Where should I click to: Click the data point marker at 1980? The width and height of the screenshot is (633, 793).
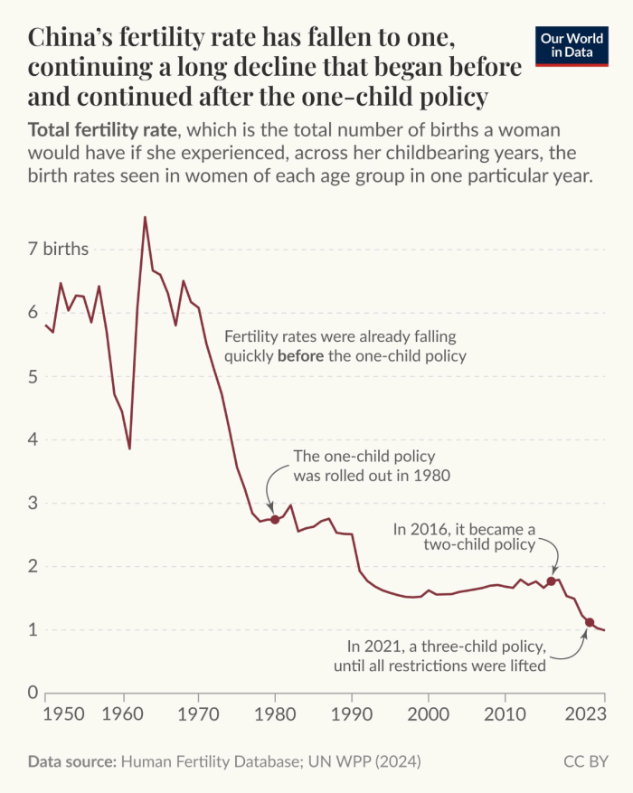pyautogui.click(x=275, y=519)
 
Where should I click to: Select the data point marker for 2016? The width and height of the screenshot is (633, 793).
pyautogui.click(x=551, y=581)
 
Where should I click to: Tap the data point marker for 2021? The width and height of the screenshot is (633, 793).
pyautogui.click(x=590, y=622)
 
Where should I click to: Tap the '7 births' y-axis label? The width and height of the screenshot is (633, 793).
pyautogui.click(x=58, y=250)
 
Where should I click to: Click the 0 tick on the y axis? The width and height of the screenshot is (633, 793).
pyautogui.click(x=33, y=693)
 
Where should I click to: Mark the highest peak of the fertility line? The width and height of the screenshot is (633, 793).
pyautogui.click(x=145, y=217)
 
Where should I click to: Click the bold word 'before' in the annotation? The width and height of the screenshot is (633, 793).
pyautogui.click(x=300, y=355)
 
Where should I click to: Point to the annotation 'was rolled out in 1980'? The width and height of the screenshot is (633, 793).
pyautogui.click(x=372, y=475)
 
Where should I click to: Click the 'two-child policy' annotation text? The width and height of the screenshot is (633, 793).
pyautogui.click(x=479, y=545)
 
